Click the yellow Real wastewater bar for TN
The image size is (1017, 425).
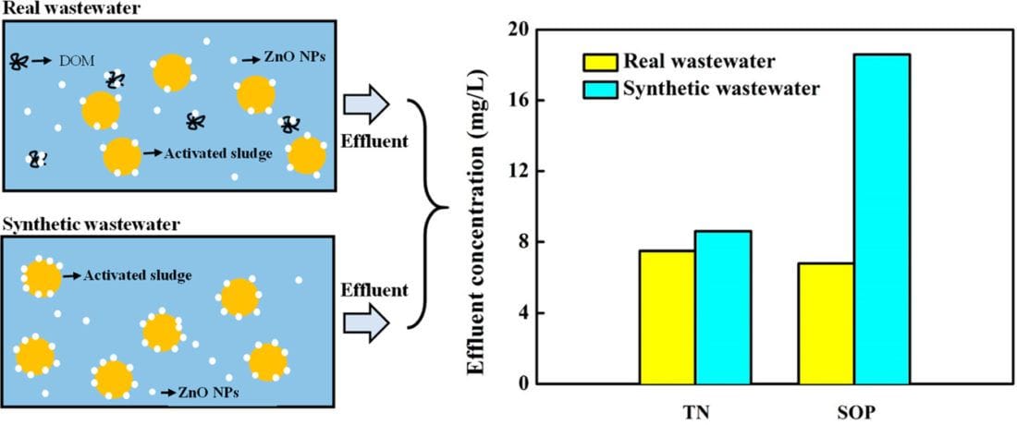pyautogui.click(x=668, y=317)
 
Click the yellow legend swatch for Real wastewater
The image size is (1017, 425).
pyautogui.click(x=597, y=63)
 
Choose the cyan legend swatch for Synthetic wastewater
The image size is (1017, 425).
pyautogui.click(x=597, y=90)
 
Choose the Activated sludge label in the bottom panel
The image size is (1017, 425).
pyautogui.click(x=137, y=274)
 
